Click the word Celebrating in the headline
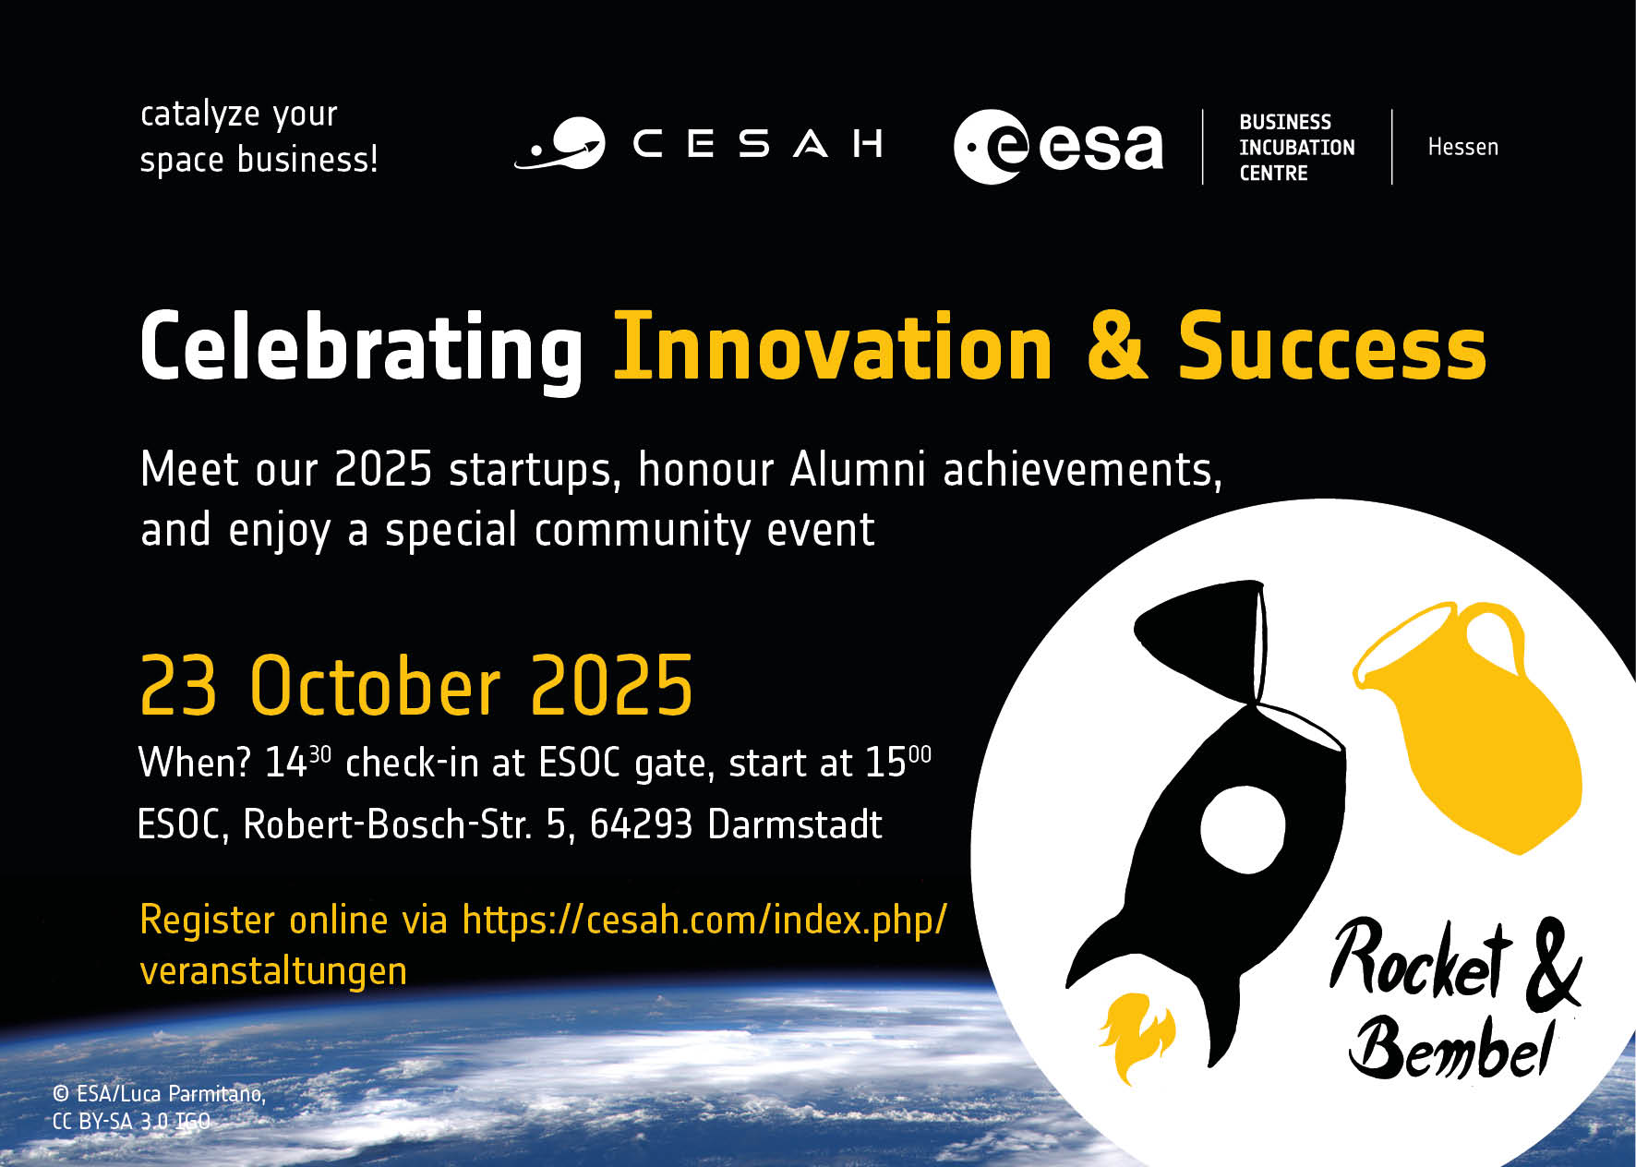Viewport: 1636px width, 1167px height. pyautogui.click(x=361, y=347)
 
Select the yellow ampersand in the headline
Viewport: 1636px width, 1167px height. pyautogui.click(x=1116, y=347)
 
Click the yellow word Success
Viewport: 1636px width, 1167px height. pyautogui.click(x=1331, y=347)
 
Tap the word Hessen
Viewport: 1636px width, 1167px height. pyautogui.click(x=1462, y=147)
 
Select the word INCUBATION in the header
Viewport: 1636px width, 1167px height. pyautogui.click(x=1296, y=148)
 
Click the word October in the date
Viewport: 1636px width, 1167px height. pyautogui.click(x=375, y=686)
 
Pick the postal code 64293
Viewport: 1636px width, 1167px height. pyautogui.click(x=641, y=824)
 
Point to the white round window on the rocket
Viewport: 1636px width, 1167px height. pyautogui.click(x=1242, y=829)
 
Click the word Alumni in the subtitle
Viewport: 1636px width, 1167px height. pyautogui.click(x=858, y=469)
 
